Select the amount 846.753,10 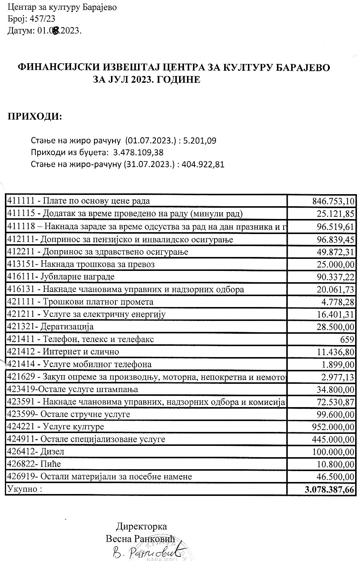pos(333,201)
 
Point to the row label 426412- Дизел pos(36,451)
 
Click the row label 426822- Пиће pos(34,464)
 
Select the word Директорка pos(141,526)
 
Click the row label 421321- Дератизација pos(50,327)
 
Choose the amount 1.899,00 pos(338,364)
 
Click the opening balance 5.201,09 pos(201,141)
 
